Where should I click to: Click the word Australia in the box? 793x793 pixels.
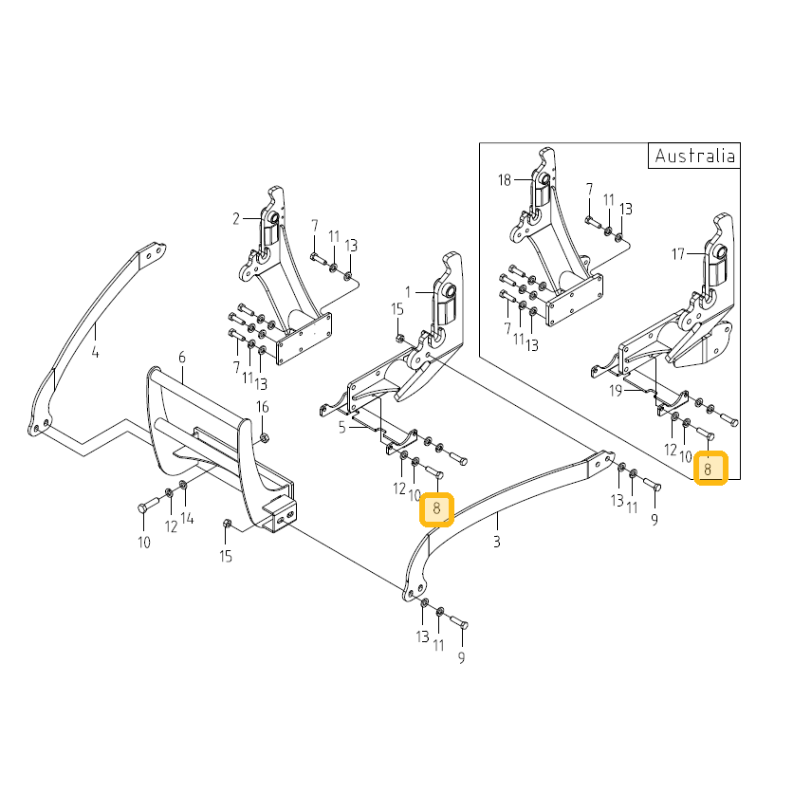pyautogui.click(x=694, y=156)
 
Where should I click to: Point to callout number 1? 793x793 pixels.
pyautogui.click(x=408, y=292)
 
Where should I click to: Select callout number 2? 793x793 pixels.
pyautogui.click(x=235, y=219)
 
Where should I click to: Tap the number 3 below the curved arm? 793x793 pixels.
pyautogui.click(x=497, y=542)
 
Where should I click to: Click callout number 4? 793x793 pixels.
pyautogui.click(x=95, y=352)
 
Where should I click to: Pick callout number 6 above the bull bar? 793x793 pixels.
pyautogui.click(x=182, y=358)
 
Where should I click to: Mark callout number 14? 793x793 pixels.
pyautogui.click(x=187, y=518)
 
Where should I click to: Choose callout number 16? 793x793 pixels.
pyautogui.click(x=263, y=407)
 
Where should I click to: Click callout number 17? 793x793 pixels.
pyautogui.click(x=677, y=254)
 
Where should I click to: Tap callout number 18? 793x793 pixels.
pyautogui.click(x=505, y=180)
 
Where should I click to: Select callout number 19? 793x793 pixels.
pyautogui.click(x=616, y=391)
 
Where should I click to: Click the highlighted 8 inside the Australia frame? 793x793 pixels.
pyautogui.click(x=708, y=470)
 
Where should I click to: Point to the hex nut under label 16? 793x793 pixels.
pyautogui.click(x=264, y=437)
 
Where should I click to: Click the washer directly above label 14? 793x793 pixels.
pyautogui.click(x=183, y=486)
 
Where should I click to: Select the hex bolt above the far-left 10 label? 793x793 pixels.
pyautogui.click(x=149, y=505)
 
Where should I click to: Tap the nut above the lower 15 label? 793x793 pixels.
pyautogui.click(x=227, y=524)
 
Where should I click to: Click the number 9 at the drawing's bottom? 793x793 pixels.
pyautogui.click(x=461, y=657)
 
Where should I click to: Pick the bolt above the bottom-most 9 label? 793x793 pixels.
pyautogui.click(x=459, y=622)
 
